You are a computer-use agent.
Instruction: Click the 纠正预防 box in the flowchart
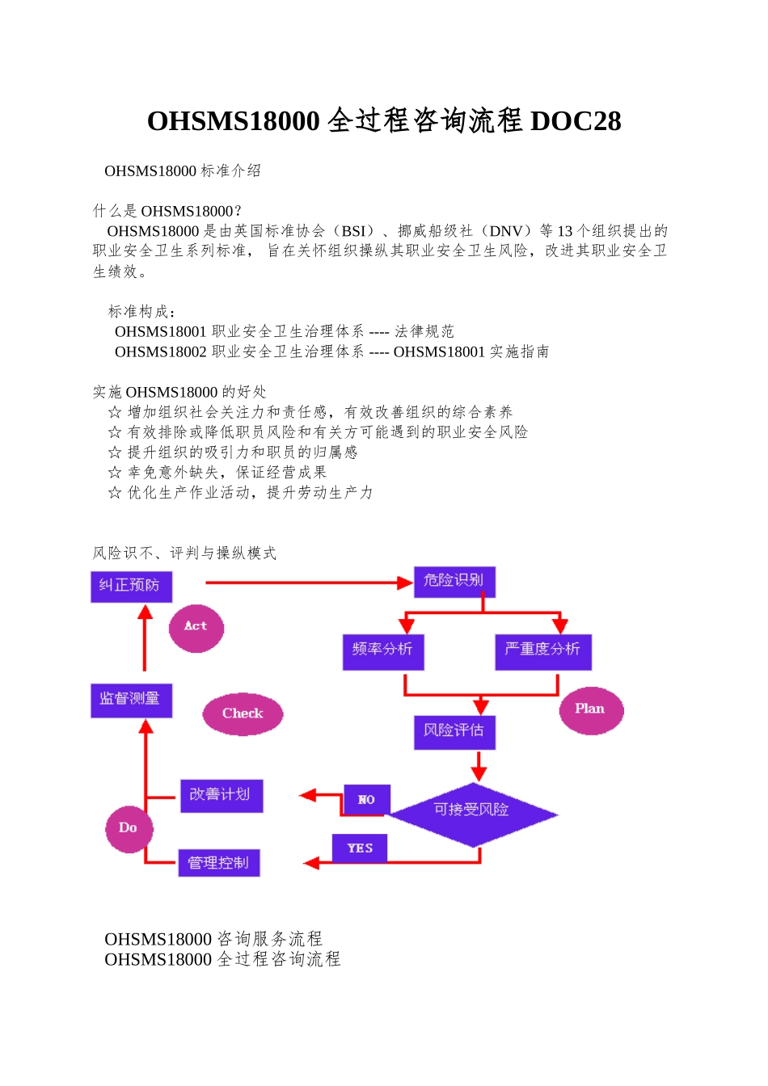click(131, 586)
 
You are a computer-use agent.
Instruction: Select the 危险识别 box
click(454, 581)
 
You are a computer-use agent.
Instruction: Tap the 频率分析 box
click(382, 650)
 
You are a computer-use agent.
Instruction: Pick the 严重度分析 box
click(542, 650)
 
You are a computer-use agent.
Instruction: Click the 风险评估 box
click(454, 731)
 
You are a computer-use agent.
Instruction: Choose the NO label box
click(367, 800)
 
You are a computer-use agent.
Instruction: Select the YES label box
click(360, 848)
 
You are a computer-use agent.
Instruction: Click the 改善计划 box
click(221, 795)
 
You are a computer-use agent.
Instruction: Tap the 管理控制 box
click(218, 863)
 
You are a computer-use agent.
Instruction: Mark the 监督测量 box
click(131, 700)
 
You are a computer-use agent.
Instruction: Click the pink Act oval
click(196, 627)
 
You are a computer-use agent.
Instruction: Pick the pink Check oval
click(243, 713)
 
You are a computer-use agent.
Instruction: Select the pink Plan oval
click(591, 709)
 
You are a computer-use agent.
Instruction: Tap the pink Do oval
click(129, 828)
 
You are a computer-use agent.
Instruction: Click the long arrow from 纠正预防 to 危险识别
click(307, 582)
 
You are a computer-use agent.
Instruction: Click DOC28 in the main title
click(576, 121)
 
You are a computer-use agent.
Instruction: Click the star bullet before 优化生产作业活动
click(115, 493)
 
